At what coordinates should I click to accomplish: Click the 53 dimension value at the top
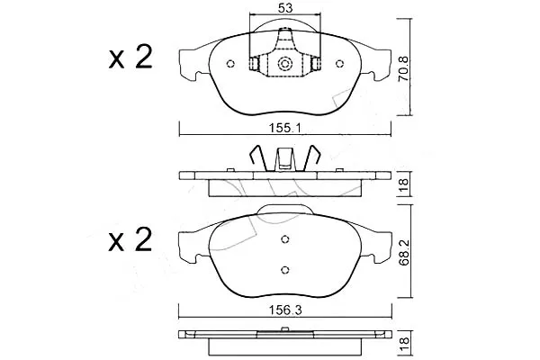(285, 8)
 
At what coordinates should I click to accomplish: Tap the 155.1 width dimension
(285, 129)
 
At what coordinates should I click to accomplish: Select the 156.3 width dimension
(285, 310)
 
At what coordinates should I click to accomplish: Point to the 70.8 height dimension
(403, 68)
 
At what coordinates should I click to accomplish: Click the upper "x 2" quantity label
(130, 58)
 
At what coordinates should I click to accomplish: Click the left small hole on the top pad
(230, 64)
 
